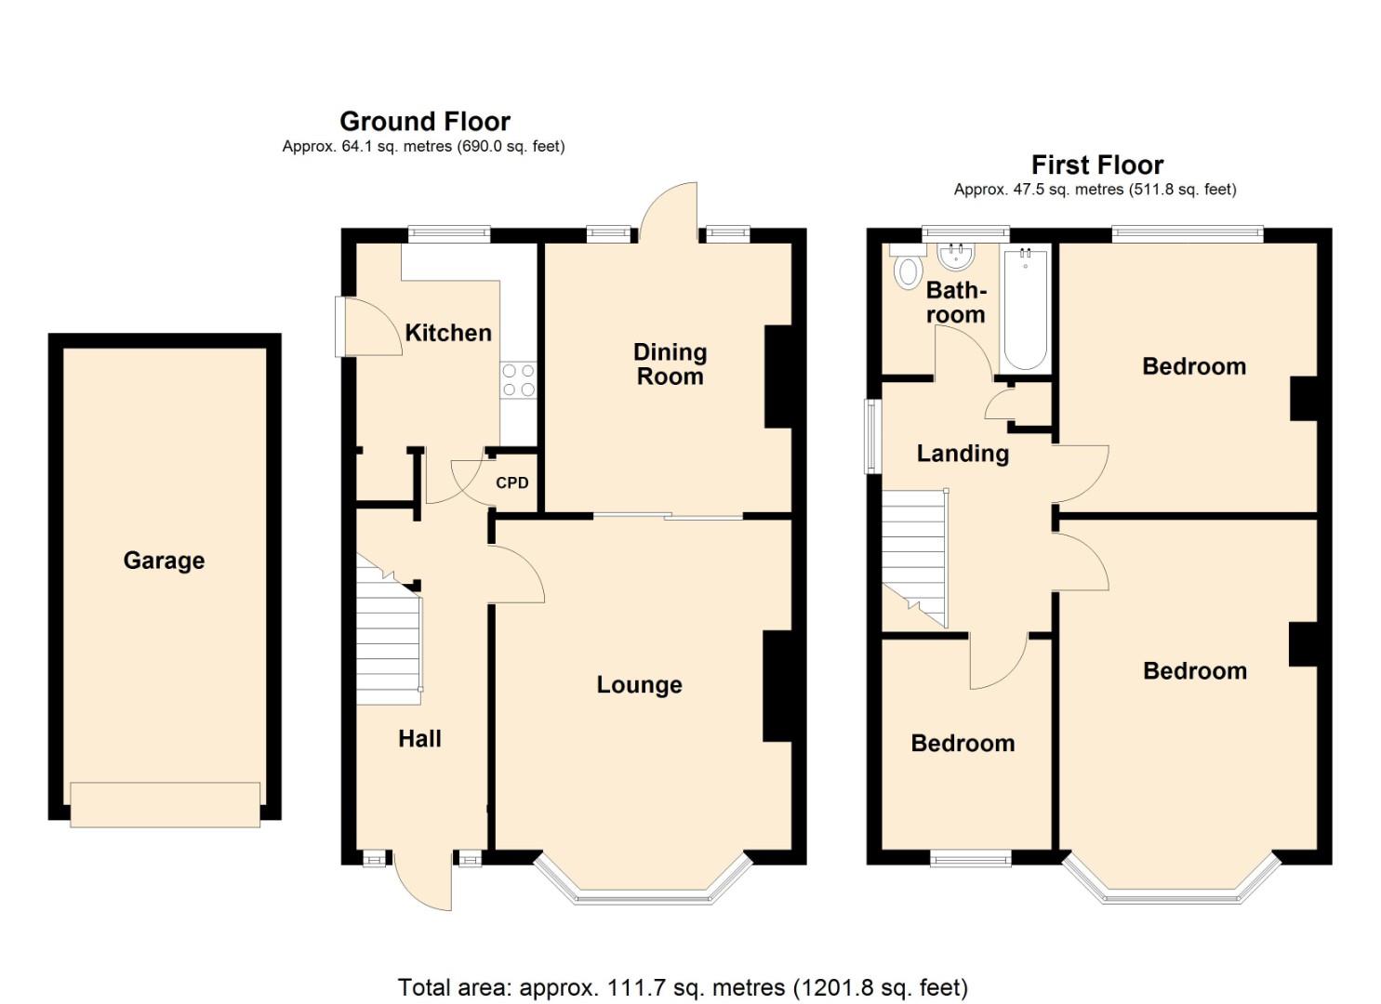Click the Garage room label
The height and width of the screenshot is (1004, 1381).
point(164,561)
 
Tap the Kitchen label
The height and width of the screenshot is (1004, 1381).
point(447,333)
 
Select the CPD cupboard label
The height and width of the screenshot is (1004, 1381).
point(511,483)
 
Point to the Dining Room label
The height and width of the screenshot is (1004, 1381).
point(670,364)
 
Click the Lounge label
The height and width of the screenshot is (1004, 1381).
point(639,685)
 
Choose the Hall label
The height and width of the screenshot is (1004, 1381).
point(419,739)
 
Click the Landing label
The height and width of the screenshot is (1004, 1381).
point(963,454)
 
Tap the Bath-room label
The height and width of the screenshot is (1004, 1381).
point(956,303)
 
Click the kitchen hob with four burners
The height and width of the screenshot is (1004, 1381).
point(518,380)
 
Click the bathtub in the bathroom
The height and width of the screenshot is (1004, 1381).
point(1026,307)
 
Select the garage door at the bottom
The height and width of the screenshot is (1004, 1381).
point(165,805)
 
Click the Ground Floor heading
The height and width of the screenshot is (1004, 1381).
point(425,122)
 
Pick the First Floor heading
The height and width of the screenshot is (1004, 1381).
point(1097,165)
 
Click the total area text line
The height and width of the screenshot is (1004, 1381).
point(683,987)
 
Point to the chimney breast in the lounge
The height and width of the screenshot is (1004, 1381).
point(777,686)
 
